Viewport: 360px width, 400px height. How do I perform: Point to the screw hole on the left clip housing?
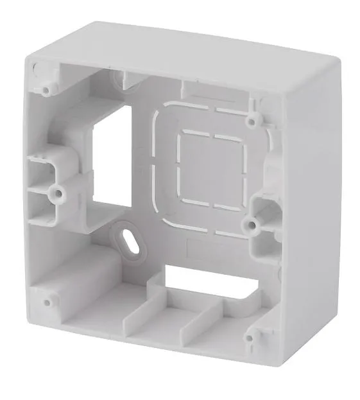click(x=58, y=191)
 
